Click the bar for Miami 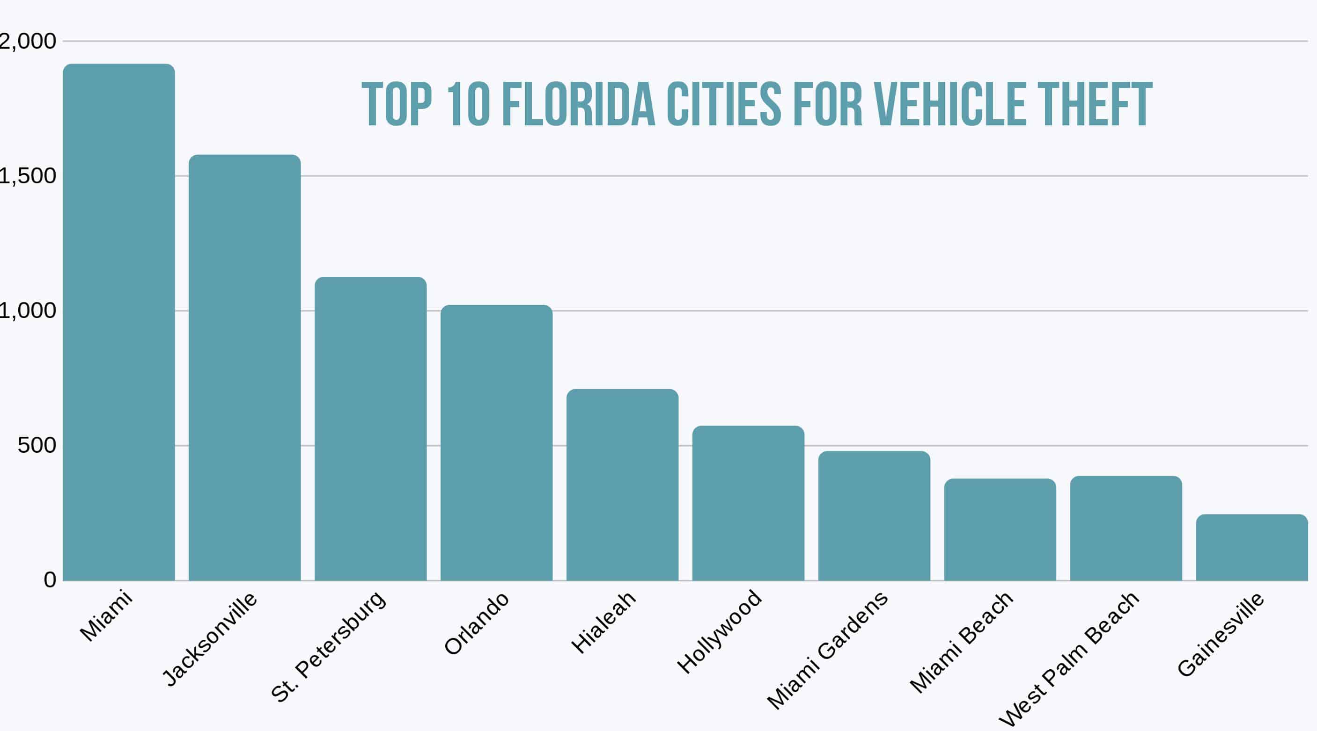click(118, 322)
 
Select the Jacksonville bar click(244, 368)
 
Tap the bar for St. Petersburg click(370, 429)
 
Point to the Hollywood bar click(748, 503)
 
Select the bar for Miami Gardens click(874, 516)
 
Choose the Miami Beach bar click(1000, 529)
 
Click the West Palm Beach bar click(1126, 528)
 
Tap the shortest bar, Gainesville click(1251, 547)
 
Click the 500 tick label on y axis click(37, 445)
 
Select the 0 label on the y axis click(50, 580)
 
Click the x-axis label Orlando click(477, 623)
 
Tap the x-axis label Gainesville click(1221, 635)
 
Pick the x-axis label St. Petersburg click(328, 647)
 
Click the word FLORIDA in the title click(578, 105)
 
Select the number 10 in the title click(468, 105)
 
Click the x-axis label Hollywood click(719, 631)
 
